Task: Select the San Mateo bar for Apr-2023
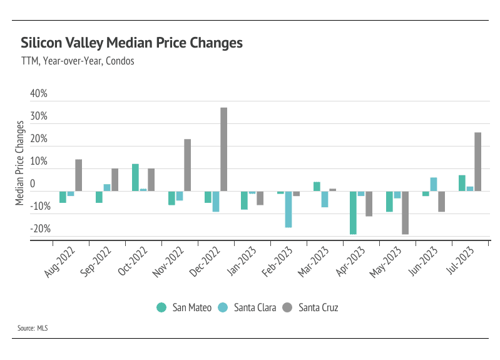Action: click(x=353, y=212)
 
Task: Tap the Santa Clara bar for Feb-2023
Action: click(x=288, y=209)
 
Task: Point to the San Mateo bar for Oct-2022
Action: click(x=135, y=177)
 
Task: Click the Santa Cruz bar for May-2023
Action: click(x=406, y=212)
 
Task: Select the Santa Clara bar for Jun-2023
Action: click(x=434, y=184)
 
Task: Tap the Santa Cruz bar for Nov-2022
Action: click(x=188, y=165)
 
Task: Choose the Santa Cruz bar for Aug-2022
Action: click(x=79, y=175)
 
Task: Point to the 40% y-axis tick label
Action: click(x=39, y=94)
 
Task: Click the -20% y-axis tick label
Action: click(x=39, y=229)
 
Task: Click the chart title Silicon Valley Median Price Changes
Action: click(x=131, y=43)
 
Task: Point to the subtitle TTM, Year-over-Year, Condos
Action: click(x=78, y=61)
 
